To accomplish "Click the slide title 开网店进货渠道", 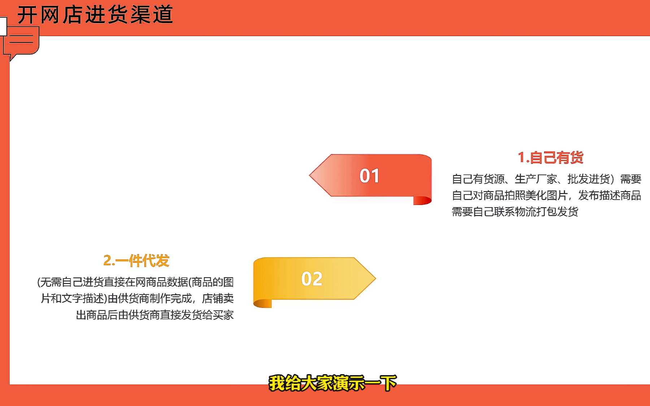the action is point(95,14).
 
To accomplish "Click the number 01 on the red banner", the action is point(369,176).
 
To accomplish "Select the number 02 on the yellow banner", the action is point(312,279).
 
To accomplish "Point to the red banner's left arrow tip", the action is point(309,175).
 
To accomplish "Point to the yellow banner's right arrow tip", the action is point(376,278).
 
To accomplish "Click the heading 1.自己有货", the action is point(550,157).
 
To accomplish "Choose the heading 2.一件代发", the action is point(136,261).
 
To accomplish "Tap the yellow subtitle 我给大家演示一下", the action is point(333,383).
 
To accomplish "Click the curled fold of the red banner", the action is point(422,200).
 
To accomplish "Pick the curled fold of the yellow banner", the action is point(263,304).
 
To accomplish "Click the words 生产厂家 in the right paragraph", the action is point(536,179).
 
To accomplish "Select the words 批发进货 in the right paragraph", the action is point(588,179).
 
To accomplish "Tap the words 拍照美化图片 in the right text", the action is point(536,196).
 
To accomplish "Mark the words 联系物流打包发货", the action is point(536,212).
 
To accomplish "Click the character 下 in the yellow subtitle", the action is point(389,383).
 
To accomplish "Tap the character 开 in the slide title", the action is point(27,15).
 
